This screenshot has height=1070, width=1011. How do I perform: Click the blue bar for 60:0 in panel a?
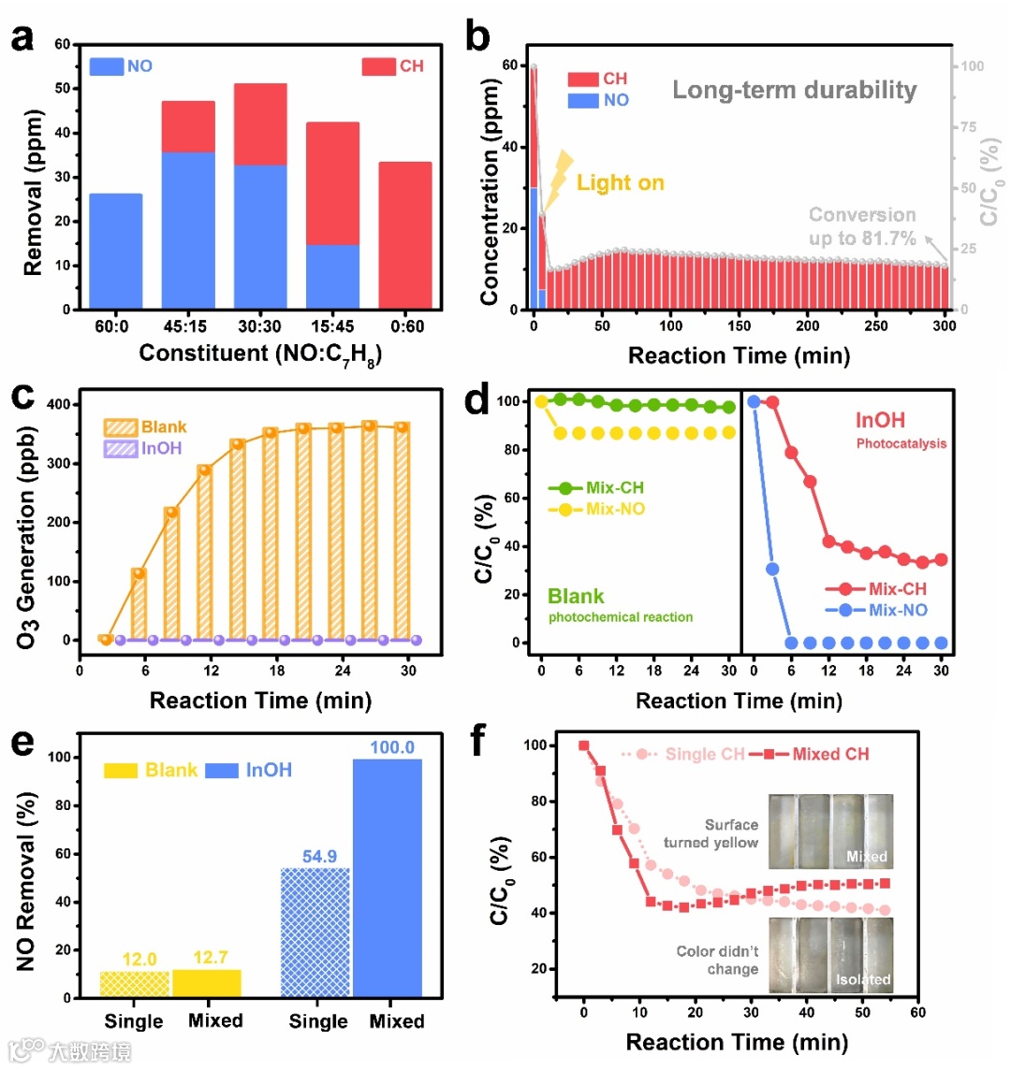point(116,251)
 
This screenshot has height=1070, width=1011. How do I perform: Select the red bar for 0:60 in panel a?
point(405,236)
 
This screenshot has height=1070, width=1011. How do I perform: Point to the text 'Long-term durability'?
point(794,91)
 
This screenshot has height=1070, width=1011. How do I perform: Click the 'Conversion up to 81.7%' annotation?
point(861,226)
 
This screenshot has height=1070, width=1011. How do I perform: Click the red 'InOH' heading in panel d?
point(880,421)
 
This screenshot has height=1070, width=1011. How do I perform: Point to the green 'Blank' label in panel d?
point(576,597)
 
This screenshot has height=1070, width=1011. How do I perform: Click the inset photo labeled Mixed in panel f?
point(829,829)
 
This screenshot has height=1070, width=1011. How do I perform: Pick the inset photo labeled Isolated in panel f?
point(829,954)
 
